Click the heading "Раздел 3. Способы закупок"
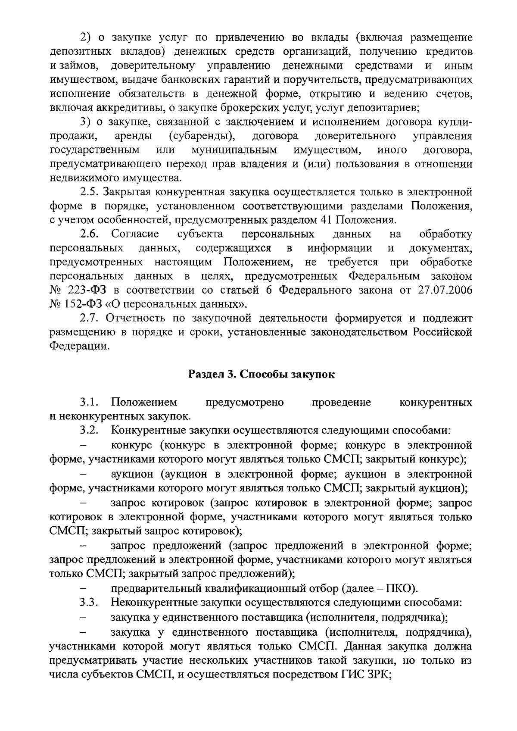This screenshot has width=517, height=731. pyautogui.click(x=262, y=374)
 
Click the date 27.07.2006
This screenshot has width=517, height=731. pyautogui.click(x=445, y=291)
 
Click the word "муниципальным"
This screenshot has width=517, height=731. pyautogui.click(x=234, y=150)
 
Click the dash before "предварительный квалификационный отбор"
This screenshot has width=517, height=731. pyautogui.click(x=84, y=588)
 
